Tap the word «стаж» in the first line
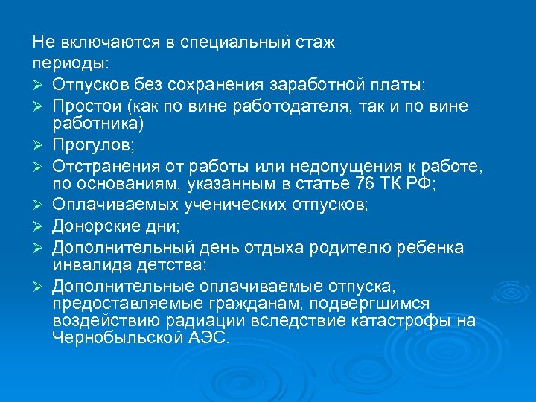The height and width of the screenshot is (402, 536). [x=316, y=42]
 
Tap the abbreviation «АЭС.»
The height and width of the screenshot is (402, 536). [x=208, y=337]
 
